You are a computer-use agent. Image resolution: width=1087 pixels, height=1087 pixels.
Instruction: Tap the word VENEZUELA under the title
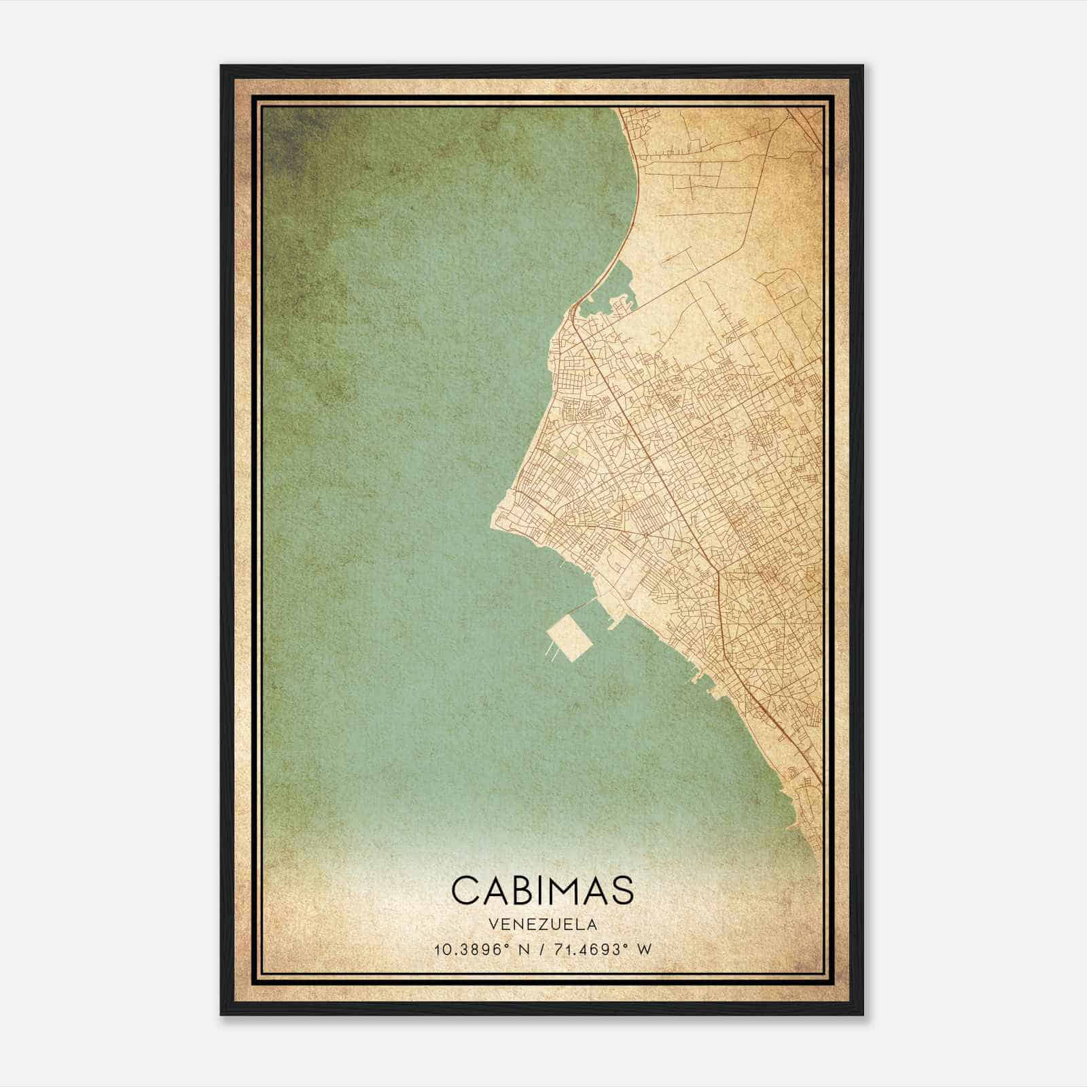pos(541,925)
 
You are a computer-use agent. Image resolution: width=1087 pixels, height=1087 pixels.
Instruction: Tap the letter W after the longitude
pos(644,949)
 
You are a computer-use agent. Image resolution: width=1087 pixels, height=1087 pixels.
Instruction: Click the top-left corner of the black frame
pos(222,67)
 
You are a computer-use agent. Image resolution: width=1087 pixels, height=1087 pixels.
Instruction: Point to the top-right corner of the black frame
pos(862,67)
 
